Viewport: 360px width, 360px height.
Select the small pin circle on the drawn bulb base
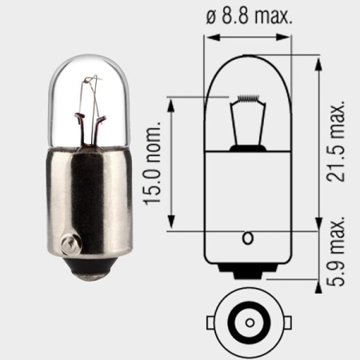coord(248,238)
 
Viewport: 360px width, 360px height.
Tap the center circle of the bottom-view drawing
coord(249,323)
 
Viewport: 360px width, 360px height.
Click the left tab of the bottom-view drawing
coord(212,323)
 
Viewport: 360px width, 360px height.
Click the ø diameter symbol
coord(210,16)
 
